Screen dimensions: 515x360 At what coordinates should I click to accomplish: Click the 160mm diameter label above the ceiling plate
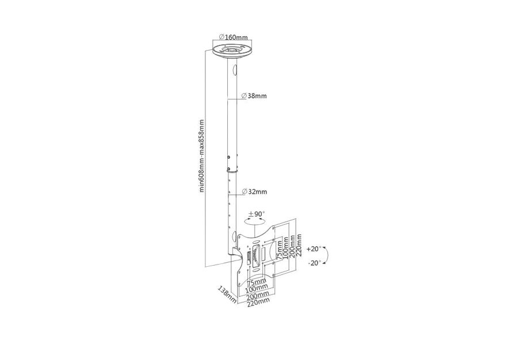[233, 37]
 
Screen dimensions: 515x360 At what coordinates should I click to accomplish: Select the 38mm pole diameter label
[254, 96]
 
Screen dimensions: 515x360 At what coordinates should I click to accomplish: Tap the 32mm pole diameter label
[254, 192]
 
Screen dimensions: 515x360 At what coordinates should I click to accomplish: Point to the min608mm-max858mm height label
[201, 156]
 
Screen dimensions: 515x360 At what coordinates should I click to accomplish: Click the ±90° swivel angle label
[257, 214]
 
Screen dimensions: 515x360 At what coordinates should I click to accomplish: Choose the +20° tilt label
[314, 249]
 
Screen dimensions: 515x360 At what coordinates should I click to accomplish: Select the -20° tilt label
[314, 263]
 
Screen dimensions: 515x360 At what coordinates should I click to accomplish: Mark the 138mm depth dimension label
[227, 294]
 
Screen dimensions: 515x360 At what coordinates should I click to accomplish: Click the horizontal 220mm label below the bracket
[258, 301]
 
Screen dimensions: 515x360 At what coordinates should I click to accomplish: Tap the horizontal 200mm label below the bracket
[258, 294]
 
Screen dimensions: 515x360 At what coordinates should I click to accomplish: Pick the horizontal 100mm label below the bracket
[256, 288]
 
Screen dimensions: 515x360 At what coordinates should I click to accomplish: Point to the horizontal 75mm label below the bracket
[256, 282]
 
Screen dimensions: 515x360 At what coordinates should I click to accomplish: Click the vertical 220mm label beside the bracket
[299, 246]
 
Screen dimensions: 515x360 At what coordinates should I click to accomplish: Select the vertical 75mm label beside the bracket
[279, 250]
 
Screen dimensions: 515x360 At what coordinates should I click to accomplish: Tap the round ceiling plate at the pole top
[233, 51]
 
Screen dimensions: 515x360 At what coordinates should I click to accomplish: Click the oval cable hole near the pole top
[235, 70]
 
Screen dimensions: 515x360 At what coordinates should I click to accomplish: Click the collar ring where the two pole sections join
[232, 170]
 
